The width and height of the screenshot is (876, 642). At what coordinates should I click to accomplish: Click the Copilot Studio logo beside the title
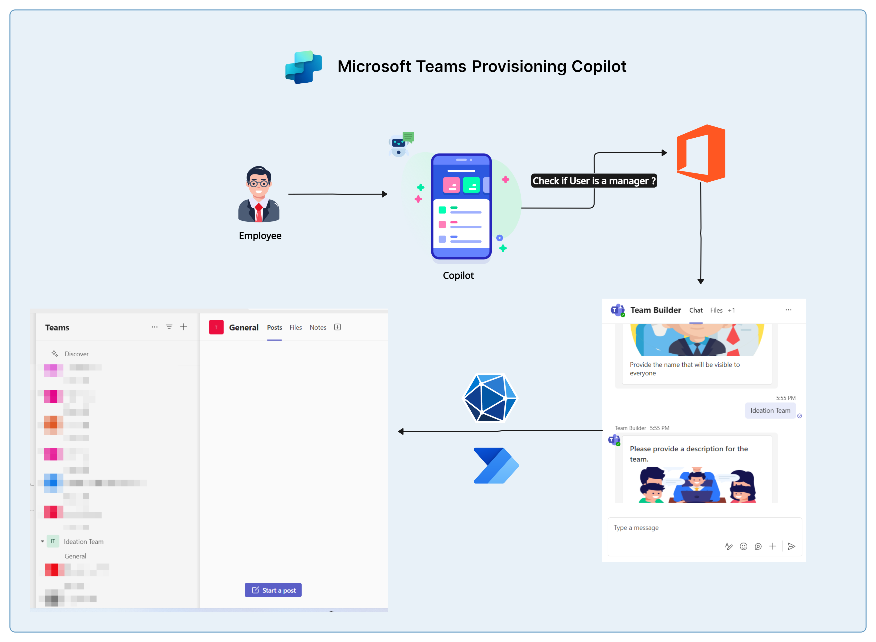304,67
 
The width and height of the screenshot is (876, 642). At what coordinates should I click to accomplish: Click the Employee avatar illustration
259,194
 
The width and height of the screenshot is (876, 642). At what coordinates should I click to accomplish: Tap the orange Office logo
701,154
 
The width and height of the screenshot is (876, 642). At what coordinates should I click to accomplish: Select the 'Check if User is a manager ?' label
594,181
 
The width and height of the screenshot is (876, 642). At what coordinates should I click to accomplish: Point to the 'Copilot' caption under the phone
458,275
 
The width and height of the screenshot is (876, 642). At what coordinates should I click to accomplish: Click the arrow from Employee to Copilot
337,194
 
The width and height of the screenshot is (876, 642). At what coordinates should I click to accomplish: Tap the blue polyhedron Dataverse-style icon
490,398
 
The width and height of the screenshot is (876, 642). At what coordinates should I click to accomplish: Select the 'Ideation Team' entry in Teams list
84,541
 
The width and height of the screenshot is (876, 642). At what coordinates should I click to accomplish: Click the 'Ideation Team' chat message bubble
770,410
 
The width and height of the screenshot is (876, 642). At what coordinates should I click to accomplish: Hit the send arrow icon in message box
791,546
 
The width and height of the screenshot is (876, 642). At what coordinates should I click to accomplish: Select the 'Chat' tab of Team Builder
696,310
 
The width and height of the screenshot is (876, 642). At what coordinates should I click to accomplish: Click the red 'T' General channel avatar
216,327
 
